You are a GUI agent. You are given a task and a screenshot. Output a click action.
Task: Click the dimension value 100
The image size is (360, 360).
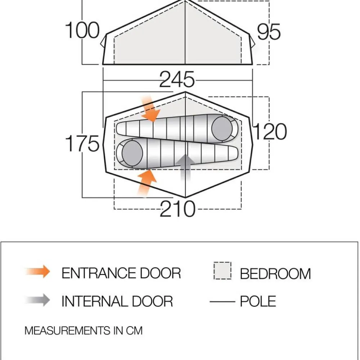point(82,30)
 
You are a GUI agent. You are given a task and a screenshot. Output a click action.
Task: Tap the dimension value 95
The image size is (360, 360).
point(269,32)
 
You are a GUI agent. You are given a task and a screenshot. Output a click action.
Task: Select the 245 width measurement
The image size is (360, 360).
point(177,79)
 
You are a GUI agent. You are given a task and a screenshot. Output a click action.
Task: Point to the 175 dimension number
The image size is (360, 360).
point(82,143)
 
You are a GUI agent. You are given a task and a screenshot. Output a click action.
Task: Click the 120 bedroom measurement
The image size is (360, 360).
point(270,131)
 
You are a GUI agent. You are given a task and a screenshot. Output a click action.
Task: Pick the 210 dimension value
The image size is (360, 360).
point(177,208)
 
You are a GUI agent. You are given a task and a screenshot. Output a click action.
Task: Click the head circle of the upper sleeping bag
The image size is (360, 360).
point(222,129)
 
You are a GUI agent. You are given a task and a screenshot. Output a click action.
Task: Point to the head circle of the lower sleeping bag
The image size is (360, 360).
point(132,153)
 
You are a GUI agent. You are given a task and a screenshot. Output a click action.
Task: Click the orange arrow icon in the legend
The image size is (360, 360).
point(38,271)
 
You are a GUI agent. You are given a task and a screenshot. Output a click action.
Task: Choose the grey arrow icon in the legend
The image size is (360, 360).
point(38,300)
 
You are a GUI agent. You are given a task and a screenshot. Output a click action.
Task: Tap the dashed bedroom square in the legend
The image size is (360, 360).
point(222,271)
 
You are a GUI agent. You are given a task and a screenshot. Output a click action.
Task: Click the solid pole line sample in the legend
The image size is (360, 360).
point(222,301)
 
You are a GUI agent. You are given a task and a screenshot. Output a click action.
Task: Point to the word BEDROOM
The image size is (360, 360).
point(275,274)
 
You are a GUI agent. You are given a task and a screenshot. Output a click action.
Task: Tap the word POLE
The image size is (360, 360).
point(258,301)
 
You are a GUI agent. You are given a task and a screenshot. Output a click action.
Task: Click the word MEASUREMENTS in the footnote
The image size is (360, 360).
point(68,330)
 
